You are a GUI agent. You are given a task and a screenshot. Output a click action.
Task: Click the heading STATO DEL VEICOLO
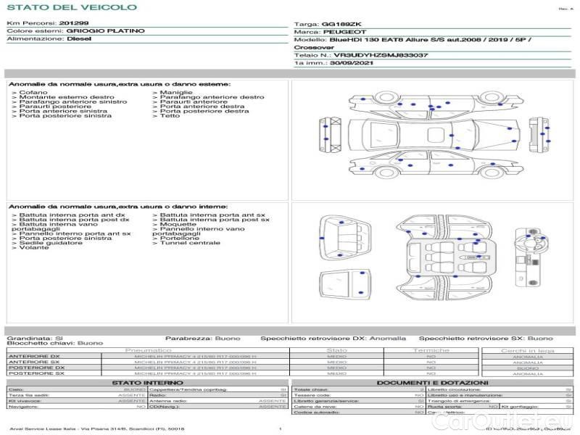click(71, 7)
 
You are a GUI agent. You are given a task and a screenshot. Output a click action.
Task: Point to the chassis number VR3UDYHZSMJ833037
click(381, 54)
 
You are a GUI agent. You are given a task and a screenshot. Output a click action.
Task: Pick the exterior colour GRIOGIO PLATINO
click(105, 31)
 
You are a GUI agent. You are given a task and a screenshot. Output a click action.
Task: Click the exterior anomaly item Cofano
click(33, 93)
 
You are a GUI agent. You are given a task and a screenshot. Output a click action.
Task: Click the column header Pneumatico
click(148, 350)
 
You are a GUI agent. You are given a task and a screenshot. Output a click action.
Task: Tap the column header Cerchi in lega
click(527, 350)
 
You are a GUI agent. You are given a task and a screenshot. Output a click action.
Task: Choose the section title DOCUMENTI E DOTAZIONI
click(432, 382)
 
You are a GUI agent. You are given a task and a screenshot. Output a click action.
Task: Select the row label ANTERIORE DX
click(34, 356)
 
